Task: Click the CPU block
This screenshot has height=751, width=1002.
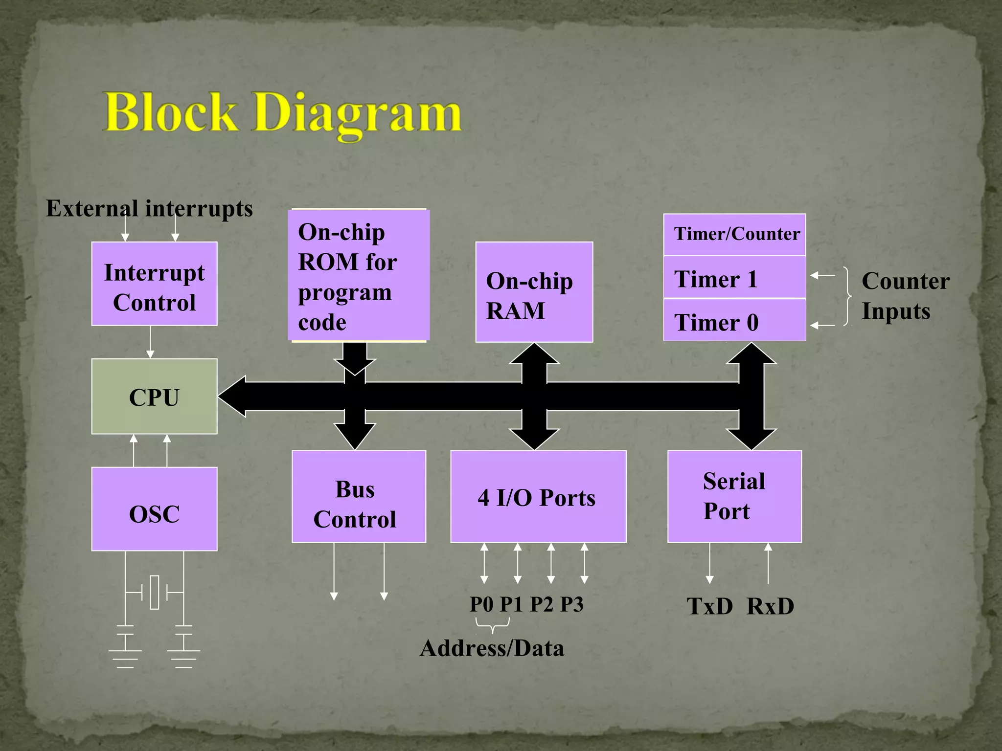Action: (154, 397)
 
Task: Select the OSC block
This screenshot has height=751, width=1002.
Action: (154, 509)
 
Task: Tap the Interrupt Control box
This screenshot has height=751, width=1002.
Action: (154, 284)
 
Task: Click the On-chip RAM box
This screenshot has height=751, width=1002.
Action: (534, 292)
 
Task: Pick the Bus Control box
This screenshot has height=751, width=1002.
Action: (359, 497)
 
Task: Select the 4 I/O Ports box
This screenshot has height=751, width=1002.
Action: (538, 497)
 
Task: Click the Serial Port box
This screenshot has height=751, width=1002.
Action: (734, 497)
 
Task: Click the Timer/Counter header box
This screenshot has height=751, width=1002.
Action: (734, 235)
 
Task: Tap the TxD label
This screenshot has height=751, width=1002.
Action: (709, 606)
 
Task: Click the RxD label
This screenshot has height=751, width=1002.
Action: (770, 606)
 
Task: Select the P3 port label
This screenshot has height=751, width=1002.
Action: (571, 604)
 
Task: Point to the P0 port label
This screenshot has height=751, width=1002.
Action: (482, 604)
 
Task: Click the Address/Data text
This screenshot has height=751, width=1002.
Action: (492, 648)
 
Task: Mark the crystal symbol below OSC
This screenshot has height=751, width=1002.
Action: (155, 592)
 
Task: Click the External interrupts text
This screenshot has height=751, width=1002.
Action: (149, 209)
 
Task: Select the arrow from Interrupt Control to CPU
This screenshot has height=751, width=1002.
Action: (150, 342)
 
